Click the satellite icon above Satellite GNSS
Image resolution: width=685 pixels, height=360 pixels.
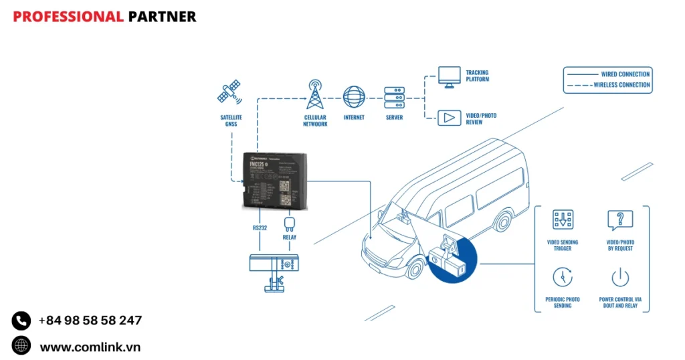[x=229, y=92]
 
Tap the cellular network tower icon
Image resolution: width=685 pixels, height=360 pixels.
[x=315, y=95]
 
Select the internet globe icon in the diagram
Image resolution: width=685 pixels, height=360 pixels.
[x=354, y=97]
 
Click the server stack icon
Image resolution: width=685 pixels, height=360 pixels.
[x=394, y=98]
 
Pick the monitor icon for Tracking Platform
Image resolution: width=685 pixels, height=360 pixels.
[x=449, y=75]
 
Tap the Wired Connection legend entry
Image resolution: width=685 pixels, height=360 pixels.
[x=607, y=74]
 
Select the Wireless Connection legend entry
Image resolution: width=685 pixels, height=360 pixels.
[x=607, y=85]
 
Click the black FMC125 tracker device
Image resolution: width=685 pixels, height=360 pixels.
[x=275, y=180]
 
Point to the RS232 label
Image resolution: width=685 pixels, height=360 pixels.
[x=260, y=228]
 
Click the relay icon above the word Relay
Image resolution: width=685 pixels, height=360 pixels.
[x=290, y=223]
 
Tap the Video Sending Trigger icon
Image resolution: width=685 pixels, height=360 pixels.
[x=563, y=219]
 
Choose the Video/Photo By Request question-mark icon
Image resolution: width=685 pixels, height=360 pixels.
[x=619, y=219]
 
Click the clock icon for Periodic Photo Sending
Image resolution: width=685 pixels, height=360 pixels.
[x=563, y=276]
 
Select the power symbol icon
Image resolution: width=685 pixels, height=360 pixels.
[x=619, y=276]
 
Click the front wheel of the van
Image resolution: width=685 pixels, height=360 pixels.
[x=415, y=267]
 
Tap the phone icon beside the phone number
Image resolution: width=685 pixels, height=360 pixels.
[x=21, y=321]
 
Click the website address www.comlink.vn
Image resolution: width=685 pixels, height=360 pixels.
[x=90, y=347]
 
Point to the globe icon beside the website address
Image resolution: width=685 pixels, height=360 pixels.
[x=21, y=346]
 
